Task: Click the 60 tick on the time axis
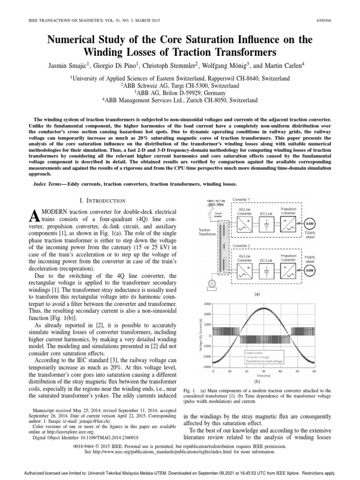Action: (314, 371)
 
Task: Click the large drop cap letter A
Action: (33, 216)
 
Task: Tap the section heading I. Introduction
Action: (102, 201)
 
